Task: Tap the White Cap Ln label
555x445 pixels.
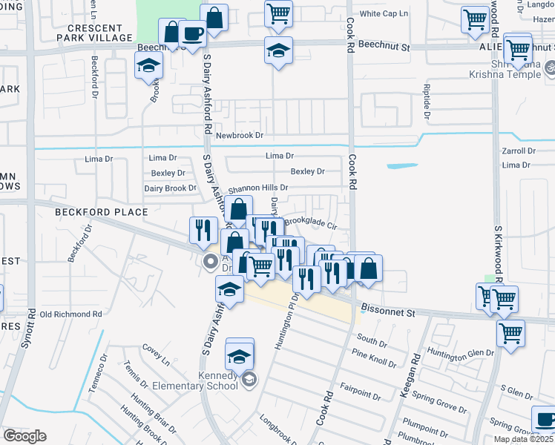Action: pos(384,14)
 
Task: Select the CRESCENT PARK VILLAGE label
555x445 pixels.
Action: pos(99,33)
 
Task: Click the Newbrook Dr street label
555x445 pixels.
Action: pos(240,136)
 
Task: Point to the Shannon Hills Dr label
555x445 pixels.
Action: pos(257,188)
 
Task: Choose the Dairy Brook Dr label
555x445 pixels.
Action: pos(170,188)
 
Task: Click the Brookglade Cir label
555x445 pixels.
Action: pos(311,221)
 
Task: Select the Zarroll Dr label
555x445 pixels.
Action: pos(519,151)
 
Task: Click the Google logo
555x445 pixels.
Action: pos(25,435)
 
